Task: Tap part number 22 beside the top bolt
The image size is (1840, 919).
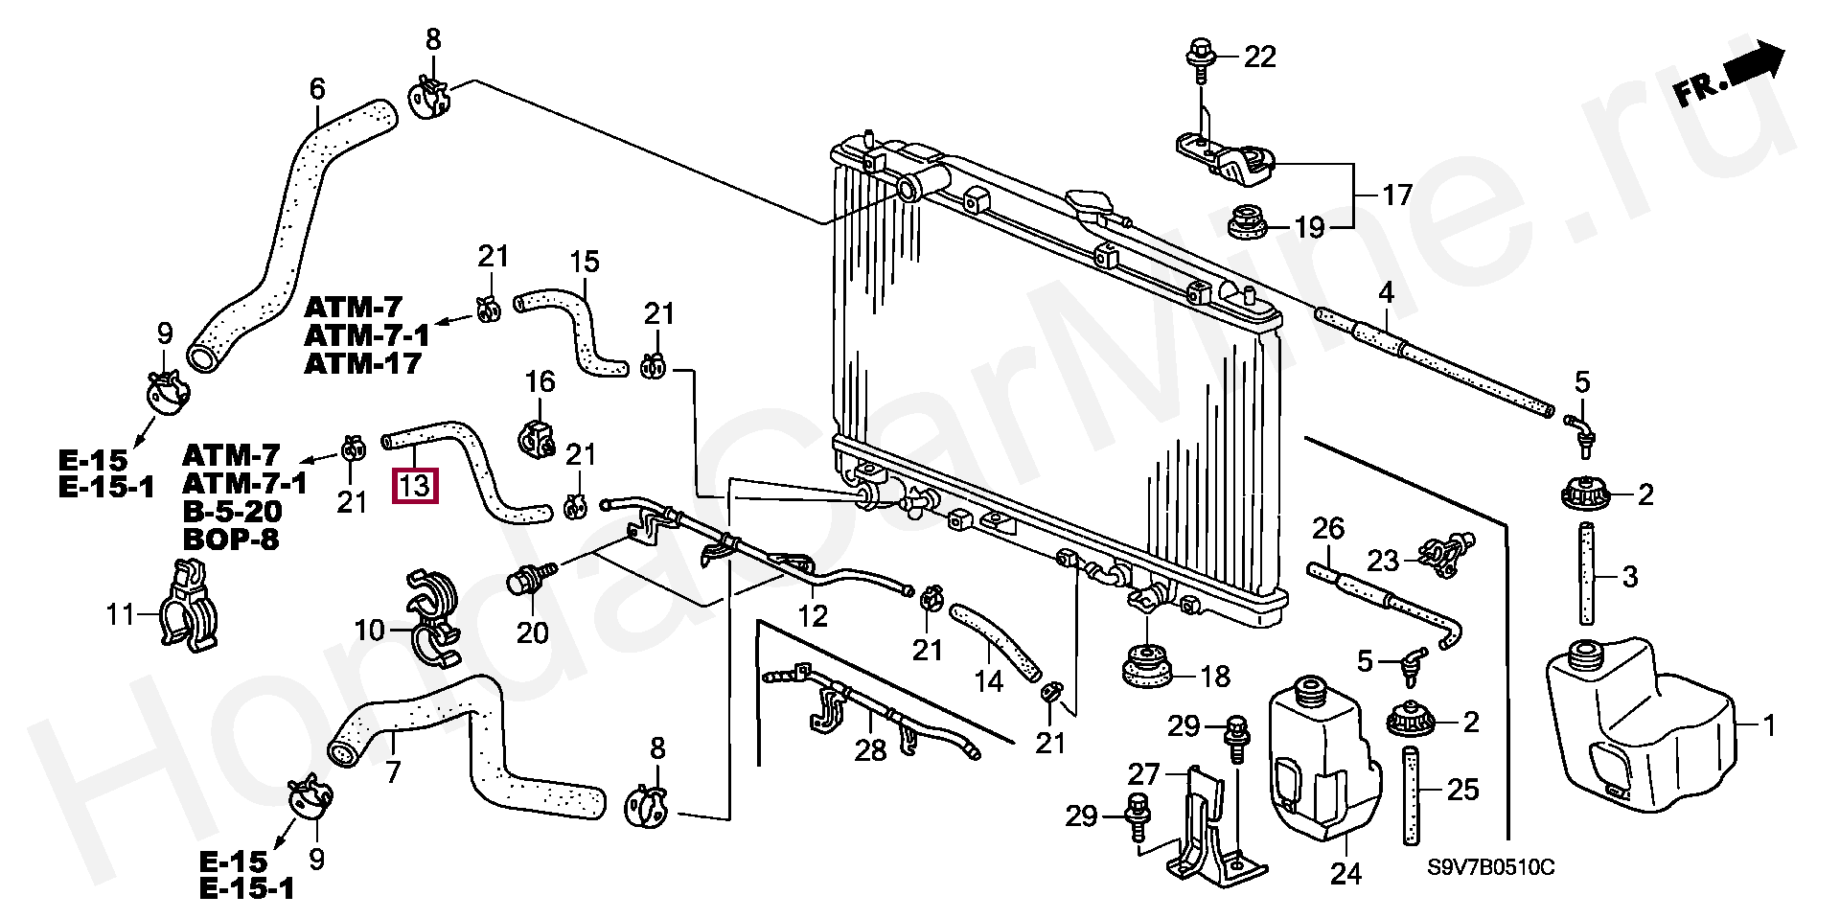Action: (1260, 57)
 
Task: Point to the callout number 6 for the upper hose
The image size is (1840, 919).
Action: (317, 89)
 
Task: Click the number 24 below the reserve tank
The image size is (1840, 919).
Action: (1345, 874)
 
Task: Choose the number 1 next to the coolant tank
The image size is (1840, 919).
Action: (1769, 726)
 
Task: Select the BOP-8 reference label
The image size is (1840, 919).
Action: (231, 539)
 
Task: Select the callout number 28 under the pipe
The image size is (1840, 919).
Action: (870, 749)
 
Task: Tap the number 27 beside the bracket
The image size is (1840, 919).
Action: (1143, 773)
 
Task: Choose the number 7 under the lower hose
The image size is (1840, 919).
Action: (392, 771)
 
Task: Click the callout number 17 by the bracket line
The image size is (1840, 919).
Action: (1397, 195)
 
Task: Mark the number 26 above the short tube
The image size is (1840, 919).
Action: (1328, 528)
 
